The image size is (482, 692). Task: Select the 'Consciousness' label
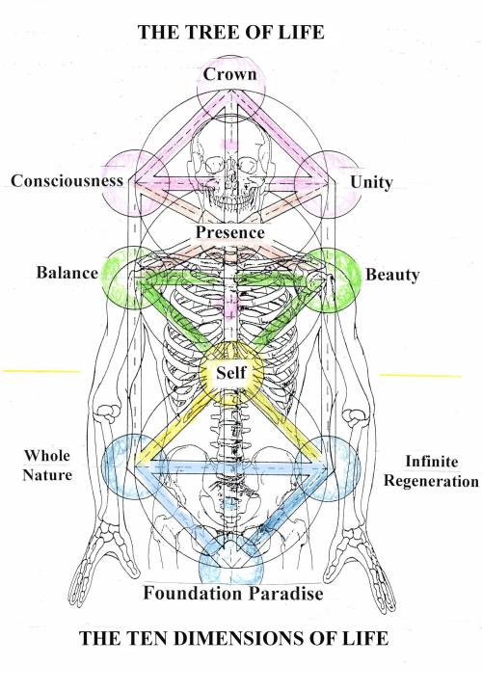(67, 180)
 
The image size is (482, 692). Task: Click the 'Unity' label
(371, 182)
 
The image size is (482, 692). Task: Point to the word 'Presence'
(229, 232)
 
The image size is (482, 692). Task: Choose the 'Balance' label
(67, 273)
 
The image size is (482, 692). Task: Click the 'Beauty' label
(392, 275)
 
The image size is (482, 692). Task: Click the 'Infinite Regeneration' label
(429, 471)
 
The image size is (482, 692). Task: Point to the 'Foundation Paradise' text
(233, 593)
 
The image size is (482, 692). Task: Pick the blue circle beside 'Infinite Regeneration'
(328, 468)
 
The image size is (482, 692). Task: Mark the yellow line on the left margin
(40, 370)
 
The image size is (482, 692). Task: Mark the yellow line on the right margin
(420, 375)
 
